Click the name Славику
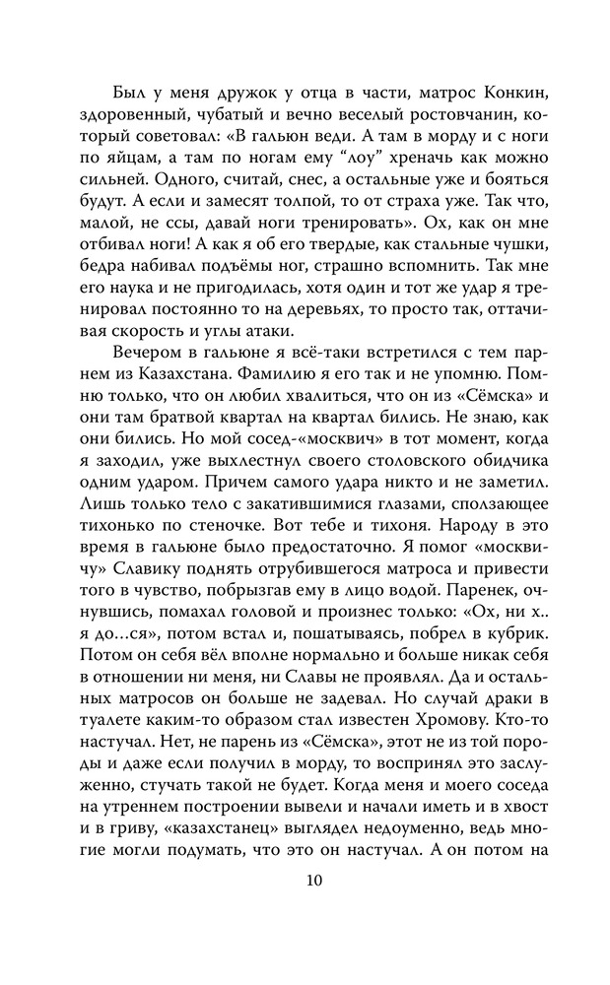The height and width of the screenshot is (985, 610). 141,598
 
